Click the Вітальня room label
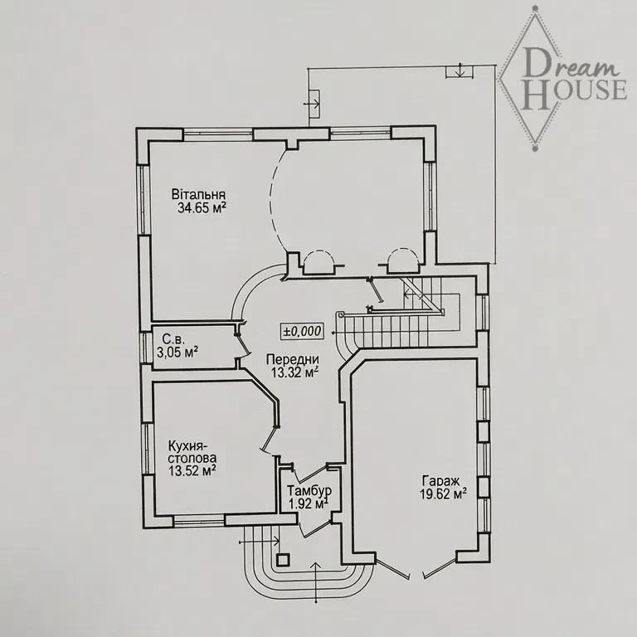point(198,194)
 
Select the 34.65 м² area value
point(202,208)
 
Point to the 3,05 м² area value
point(177,352)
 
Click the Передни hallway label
point(293,359)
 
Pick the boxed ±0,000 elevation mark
point(303,331)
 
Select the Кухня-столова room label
point(192,452)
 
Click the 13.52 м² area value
point(192,471)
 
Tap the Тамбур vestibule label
point(309,490)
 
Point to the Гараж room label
point(440,481)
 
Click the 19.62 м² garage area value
point(443,494)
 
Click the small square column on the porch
point(283,560)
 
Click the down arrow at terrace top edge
point(460,69)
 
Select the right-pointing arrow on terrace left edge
point(312,104)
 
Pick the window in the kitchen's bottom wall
point(199,520)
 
